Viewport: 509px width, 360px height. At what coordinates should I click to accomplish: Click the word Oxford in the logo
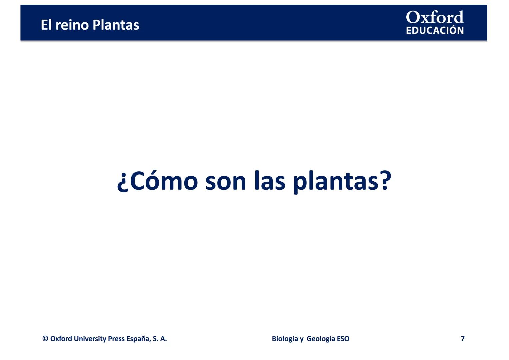(435, 17)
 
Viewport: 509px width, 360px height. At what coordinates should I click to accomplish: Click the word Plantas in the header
(116, 25)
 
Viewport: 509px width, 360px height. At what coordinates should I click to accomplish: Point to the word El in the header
(46, 25)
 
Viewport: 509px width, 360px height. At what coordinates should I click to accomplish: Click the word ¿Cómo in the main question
(157, 181)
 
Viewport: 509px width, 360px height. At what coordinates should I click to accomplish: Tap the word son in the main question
(225, 183)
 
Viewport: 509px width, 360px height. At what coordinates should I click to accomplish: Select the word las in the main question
(269, 181)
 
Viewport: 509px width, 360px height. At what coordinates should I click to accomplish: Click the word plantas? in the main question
(342, 182)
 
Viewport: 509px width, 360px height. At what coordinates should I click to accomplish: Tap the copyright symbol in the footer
(45, 338)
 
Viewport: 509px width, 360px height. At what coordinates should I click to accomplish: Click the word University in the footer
(90, 339)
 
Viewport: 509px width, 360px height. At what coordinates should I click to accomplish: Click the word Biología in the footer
(285, 339)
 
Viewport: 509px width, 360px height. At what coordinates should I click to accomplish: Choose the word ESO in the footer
(343, 339)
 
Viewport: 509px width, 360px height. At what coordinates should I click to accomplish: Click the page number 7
(463, 339)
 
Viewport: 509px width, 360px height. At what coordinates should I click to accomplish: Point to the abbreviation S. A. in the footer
(160, 339)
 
